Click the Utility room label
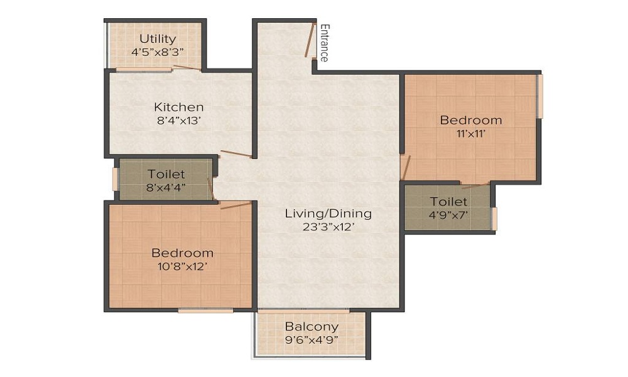click(158, 39)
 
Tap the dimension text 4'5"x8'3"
click(158, 52)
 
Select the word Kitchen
click(179, 107)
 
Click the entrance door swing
click(308, 41)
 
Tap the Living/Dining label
click(328, 213)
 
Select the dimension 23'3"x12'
click(328, 227)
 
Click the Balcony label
click(311, 327)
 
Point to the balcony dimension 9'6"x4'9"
click(311, 341)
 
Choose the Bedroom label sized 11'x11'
click(470, 120)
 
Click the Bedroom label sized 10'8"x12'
click(182, 253)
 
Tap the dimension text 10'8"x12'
click(182, 266)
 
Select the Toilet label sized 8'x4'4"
click(166, 174)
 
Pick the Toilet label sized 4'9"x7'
click(448, 201)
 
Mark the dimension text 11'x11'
click(470, 133)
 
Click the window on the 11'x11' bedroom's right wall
click(539, 96)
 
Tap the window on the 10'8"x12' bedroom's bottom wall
click(205, 310)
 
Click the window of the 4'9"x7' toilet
click(494, 218)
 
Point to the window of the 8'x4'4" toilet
click(115, 178)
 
